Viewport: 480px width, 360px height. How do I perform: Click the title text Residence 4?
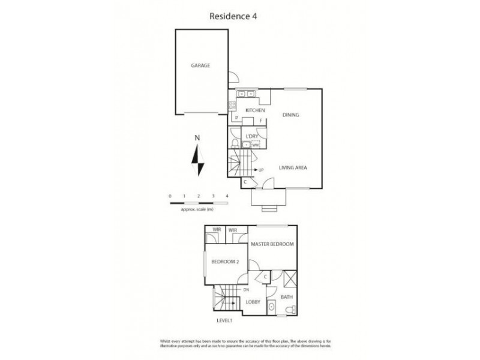(239, 17)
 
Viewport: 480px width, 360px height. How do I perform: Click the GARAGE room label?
(200, 65)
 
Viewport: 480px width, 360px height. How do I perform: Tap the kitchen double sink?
(246, 94)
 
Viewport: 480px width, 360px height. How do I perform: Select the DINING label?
(291, 115)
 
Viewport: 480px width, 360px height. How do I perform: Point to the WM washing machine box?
(255, 145)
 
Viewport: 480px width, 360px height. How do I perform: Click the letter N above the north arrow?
(197, 138)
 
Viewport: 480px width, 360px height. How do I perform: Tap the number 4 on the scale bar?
(227, 196)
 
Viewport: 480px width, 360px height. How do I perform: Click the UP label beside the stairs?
(261, 170)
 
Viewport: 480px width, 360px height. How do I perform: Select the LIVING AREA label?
(293, 168)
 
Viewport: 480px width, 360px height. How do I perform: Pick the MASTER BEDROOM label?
(274, 244)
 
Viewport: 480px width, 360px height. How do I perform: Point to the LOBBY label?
(253, 302)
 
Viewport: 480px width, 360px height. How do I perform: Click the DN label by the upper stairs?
(246, 290)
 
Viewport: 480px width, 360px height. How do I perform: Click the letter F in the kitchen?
(261, 121)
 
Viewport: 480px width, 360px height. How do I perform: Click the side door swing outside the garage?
(235, 76)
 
